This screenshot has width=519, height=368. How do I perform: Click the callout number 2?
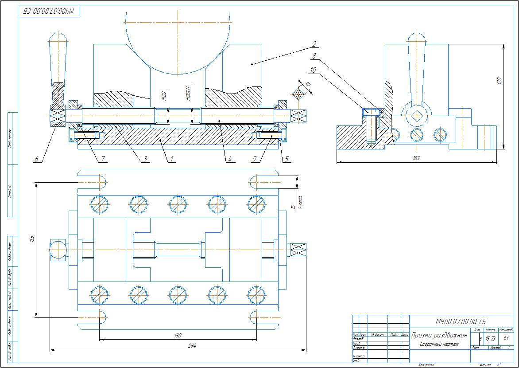coord(314,44)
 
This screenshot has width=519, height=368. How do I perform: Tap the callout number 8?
coord(314,57)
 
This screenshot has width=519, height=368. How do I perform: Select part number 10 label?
coord(313,70)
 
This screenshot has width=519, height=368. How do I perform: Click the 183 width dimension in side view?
coord(415,158)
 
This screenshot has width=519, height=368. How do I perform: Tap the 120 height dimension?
coord(500,81)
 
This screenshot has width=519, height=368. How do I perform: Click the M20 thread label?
coord(163,95)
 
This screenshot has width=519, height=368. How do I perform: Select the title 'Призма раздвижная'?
coord(439,335)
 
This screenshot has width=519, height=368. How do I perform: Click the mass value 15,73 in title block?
coord(490,339)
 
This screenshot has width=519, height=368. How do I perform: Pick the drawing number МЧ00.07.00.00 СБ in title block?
coord(461,321)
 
